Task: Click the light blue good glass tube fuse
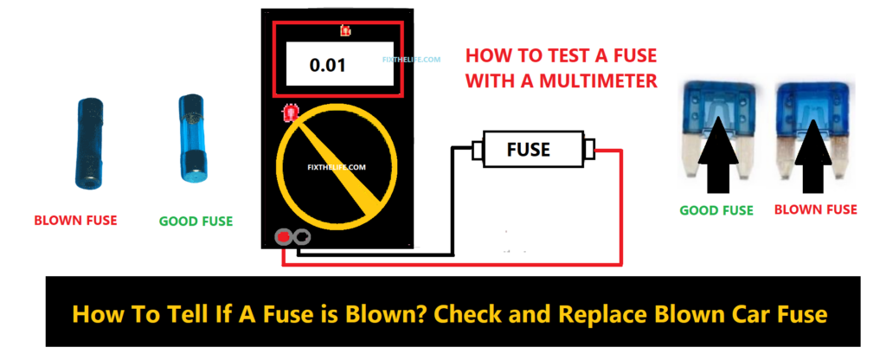(191, 140)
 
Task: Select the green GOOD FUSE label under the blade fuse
(716, 210)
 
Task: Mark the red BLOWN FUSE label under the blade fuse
(815, 210)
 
